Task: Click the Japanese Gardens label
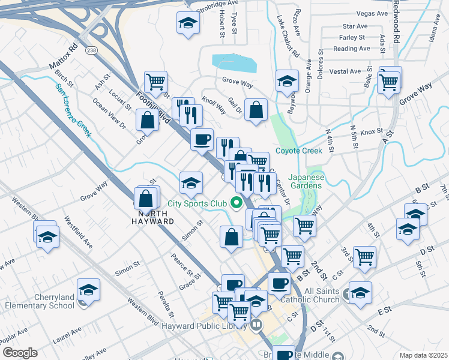click(x=306, y=181)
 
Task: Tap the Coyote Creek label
click(x=295, y=151)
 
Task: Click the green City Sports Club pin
click(x=237, y=204)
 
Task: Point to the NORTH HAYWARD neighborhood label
click(x=148, y=217)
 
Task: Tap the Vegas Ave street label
click(x=371, y=13)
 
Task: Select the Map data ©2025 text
click(x=423, y=355)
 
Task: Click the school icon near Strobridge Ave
click(x=188, y=23)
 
